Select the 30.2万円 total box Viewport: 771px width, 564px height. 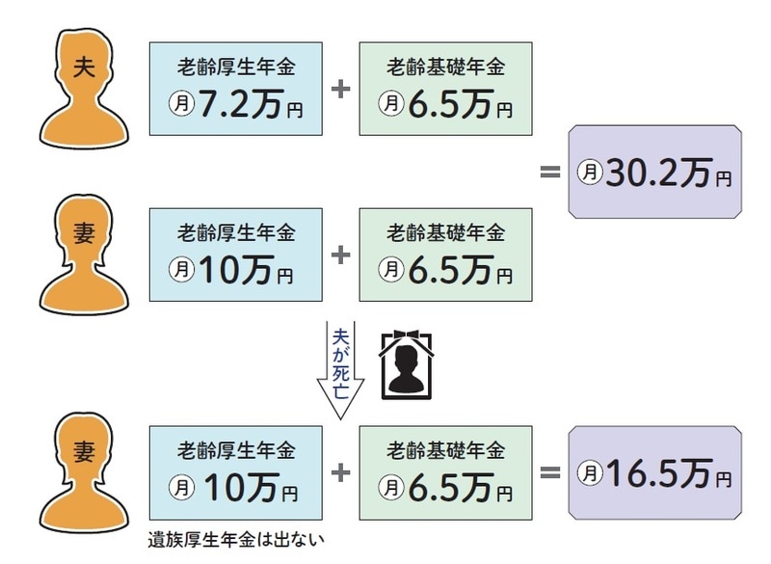655,172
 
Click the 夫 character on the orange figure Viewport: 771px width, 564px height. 84,67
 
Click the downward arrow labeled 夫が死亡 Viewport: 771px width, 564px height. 340,370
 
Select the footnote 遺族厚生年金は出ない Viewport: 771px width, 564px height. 236,540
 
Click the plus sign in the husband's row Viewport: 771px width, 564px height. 341,89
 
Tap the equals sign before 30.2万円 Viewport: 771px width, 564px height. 550,172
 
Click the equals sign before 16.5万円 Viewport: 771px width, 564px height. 550,473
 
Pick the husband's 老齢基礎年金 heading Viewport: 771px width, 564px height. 445,67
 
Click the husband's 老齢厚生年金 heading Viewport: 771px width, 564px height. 236,67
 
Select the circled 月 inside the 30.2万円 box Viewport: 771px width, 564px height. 590,173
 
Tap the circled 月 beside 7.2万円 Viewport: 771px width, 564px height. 182,104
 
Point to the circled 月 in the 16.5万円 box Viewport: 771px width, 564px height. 590,473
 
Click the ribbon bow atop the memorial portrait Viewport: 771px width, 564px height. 407,336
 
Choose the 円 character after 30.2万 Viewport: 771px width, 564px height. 724,178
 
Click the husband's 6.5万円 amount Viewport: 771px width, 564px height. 461,104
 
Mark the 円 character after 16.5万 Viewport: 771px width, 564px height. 724,479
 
